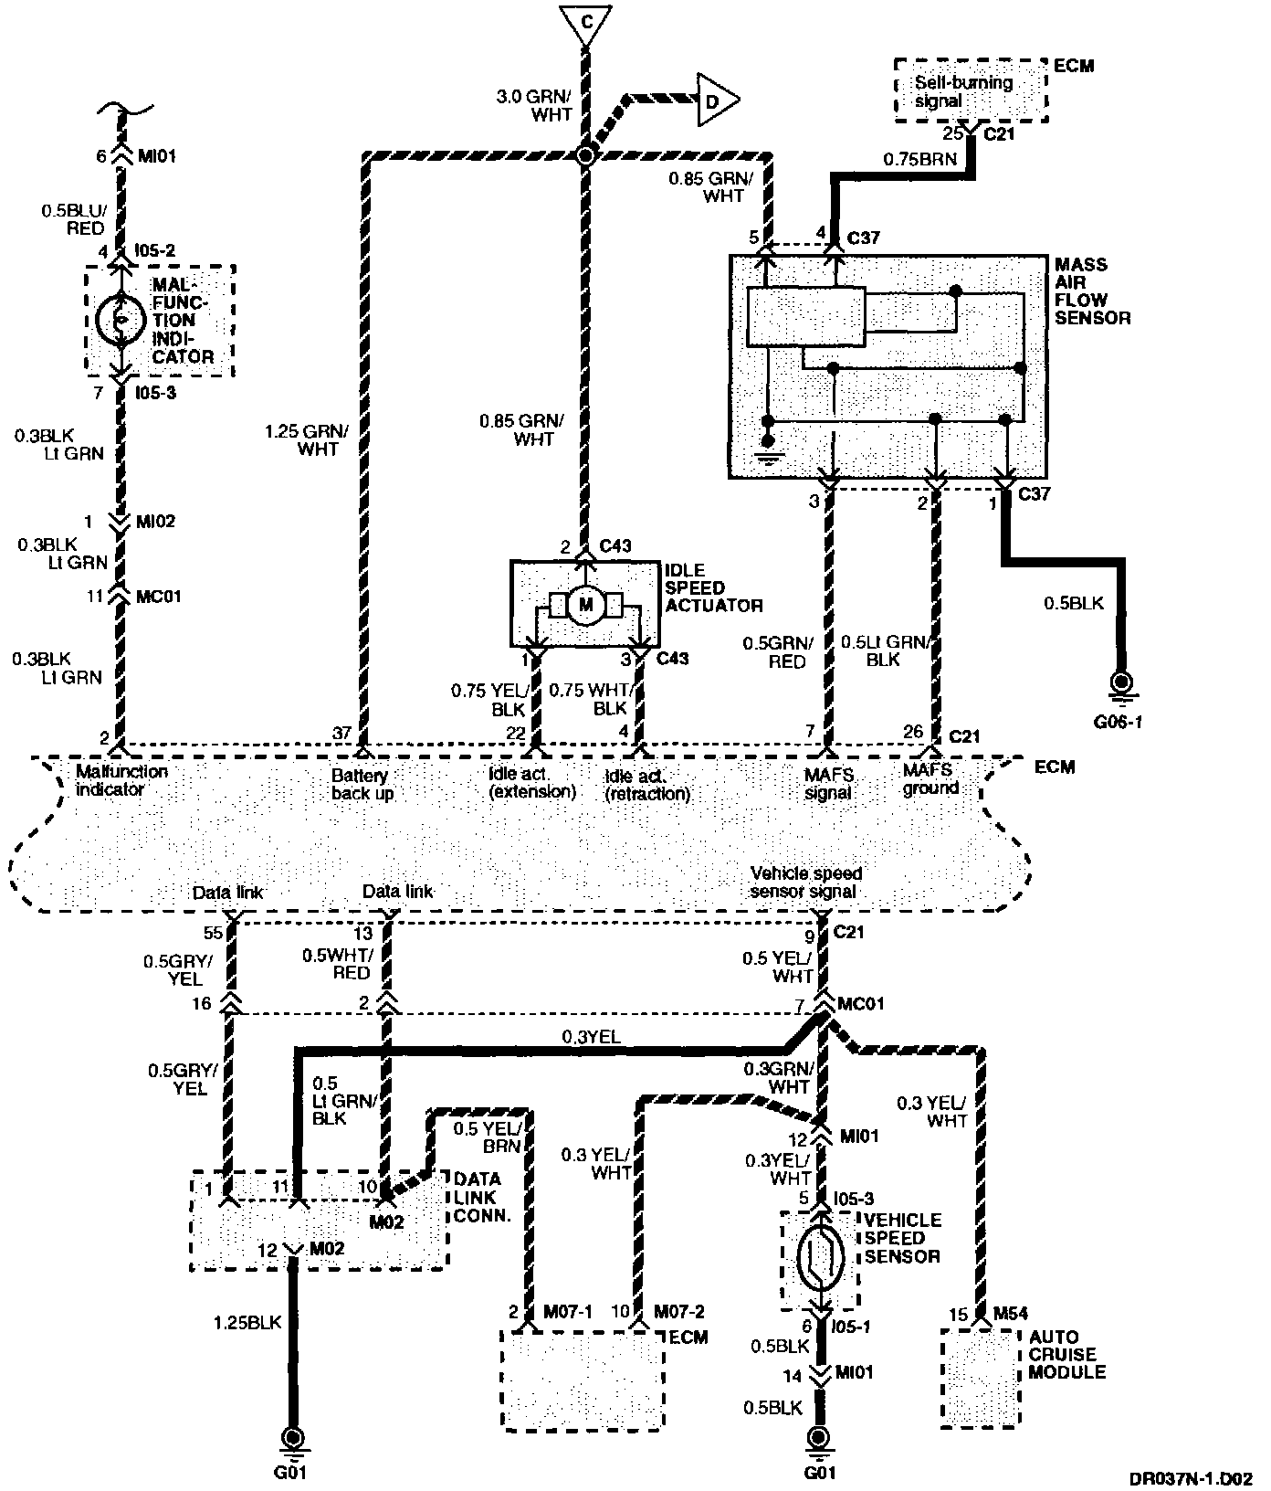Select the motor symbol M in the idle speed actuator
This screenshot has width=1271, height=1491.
coord(584,605)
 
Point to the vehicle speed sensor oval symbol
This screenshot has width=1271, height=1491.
coord(818,1258)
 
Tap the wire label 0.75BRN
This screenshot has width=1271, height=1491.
coord(919,159)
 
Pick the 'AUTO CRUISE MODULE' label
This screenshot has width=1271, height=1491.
coord(1066,1354)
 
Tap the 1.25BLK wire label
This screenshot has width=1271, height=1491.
coord(247,1322)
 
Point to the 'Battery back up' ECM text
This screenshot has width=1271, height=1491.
coord(362,784)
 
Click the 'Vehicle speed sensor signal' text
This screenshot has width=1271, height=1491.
coord(805,882)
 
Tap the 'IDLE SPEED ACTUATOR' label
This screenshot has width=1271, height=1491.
coord(712,587)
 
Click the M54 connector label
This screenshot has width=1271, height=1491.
coord(1011,1314)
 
